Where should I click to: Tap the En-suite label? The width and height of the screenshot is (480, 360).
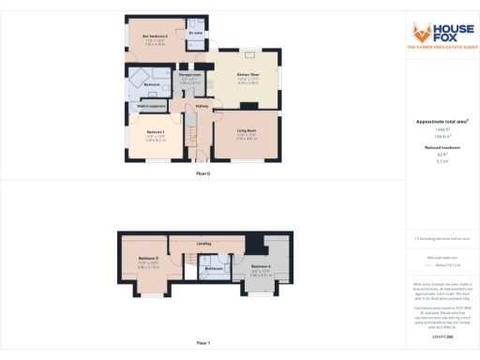point(195,35)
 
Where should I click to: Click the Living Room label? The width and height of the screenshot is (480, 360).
point(247,132)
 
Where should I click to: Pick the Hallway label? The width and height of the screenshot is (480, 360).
point(202,106)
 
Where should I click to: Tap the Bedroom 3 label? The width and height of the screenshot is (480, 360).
point(148,258)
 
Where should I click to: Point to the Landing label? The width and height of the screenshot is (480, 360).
point(203,244)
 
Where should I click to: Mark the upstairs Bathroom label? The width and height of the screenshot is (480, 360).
point(215,269)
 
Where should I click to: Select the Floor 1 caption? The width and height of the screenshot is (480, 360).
point(203,343)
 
